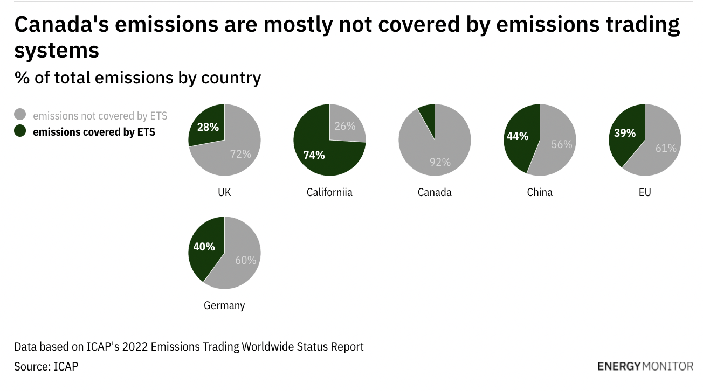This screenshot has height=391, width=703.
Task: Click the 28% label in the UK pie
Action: coord(208,127)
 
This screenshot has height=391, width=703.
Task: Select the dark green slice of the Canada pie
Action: coord(428,114)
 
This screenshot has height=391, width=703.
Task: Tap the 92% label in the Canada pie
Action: coord(440,162)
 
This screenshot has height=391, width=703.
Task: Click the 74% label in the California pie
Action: coord(314,155)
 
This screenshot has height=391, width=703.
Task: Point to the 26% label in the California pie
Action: coord(344,126)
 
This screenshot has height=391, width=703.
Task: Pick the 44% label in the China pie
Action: coord(517,136)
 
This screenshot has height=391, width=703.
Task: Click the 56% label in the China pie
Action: coord(561,144)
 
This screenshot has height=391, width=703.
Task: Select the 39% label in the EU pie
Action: coord(625,132)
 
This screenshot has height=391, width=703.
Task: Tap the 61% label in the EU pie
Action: coord(666,148)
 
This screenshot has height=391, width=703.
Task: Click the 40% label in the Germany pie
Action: coord(204,247)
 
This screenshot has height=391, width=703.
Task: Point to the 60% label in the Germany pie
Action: coord(245,260)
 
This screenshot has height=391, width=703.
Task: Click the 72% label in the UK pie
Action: coord(240,154)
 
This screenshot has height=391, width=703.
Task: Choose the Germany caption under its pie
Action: coord(224,305)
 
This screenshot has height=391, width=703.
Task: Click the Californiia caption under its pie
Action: coord(329,192)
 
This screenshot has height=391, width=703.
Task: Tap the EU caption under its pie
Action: coord(645,192)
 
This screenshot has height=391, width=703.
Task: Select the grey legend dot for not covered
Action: coord(20,115)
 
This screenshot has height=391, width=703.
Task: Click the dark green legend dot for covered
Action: coord(20,131)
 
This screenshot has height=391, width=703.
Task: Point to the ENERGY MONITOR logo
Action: coord(645,366)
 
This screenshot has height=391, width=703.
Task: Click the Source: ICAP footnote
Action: coord(46,366)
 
